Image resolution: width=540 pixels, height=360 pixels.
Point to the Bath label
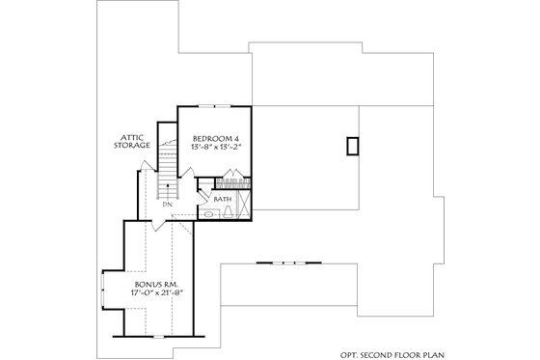223,200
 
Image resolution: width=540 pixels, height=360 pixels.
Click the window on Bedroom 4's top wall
221,103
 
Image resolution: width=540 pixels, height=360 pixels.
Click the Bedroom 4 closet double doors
232,176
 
